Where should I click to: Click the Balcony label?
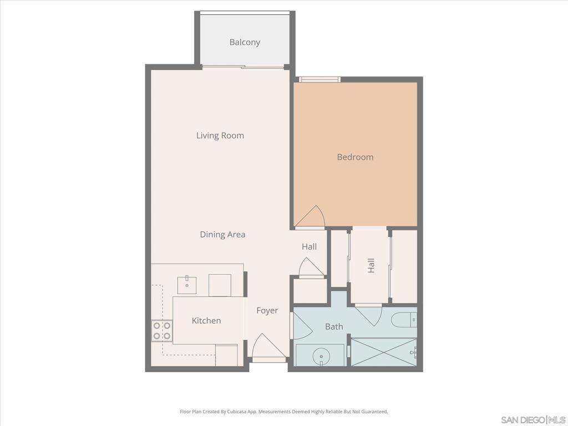coord(245,42)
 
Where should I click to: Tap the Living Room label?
coord(220,135)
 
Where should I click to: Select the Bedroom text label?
coord(355,157)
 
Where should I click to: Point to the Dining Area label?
coord(222,235)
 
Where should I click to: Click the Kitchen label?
coord(206,321)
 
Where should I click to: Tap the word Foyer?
coord(267,311)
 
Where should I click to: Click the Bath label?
coord(334,326)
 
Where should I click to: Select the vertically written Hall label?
coord(371,266)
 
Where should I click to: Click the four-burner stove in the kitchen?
coord(161,331)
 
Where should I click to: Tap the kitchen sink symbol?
coord(187,285)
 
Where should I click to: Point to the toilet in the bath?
coord(404,320)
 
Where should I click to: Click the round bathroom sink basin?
coord(321,354)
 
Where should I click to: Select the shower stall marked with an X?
coord(384,352)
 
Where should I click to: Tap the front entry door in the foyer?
coord(268,348)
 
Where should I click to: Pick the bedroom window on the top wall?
coord(319,79)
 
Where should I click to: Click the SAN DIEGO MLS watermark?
coord(534,420)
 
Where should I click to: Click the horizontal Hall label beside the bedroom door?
coord(310,247)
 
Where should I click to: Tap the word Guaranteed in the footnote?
coord(377,412)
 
